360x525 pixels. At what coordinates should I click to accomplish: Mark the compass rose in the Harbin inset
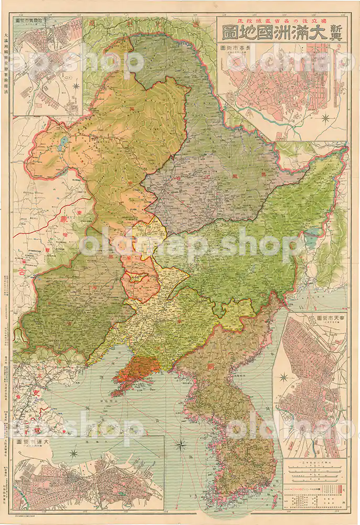point(77,86)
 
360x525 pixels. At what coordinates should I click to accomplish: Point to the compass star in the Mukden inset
point(284,377)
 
